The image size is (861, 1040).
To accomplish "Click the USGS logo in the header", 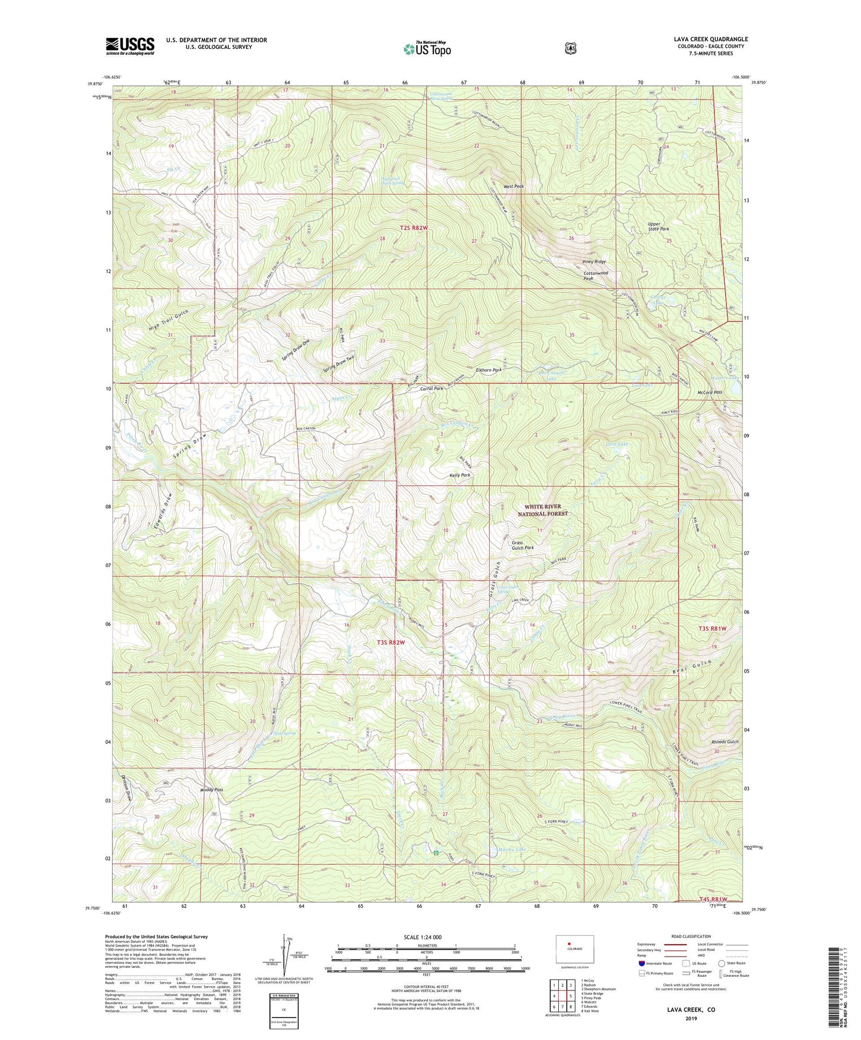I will point(130,46).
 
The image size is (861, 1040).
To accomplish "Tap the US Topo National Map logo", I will point(426,49).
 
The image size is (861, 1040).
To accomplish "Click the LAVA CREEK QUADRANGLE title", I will point(711,39).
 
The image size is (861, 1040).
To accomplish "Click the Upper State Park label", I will point(658,226).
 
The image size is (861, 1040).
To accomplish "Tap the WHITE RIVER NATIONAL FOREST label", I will point(542,510).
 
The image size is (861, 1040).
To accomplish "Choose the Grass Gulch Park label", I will point(523,545).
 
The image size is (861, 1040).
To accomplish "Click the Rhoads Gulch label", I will point(725,742).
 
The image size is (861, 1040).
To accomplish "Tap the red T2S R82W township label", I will point(414,228).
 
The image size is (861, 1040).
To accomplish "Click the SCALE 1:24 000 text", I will point(422,937).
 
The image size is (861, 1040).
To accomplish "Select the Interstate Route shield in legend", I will point(641,963).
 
